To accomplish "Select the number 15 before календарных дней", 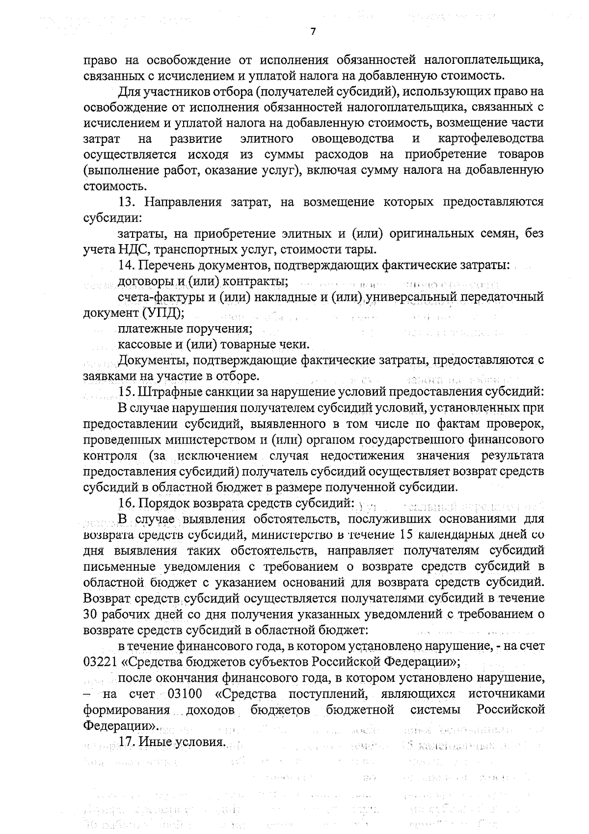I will [408, 535].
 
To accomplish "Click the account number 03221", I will [100, 662].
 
